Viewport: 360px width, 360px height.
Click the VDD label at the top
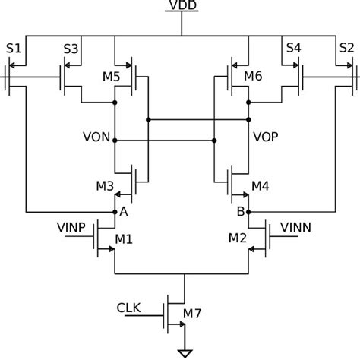182,7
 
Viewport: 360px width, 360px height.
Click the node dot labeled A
114,211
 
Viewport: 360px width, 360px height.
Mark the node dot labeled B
247,211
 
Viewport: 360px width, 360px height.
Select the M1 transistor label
124,240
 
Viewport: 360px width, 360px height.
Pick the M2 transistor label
238,240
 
